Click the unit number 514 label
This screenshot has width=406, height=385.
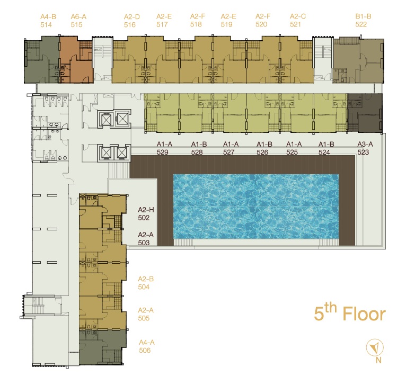[46, 25]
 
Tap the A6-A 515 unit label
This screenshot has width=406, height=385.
[78, 21]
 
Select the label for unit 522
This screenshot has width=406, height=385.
[363, 21]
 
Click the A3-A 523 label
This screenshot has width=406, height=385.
[365, 148]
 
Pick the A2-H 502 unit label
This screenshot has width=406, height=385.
[146, 214]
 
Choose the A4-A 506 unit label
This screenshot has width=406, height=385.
[147, 346]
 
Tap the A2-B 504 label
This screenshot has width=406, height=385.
[146, 283]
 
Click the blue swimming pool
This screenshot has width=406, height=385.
[256, 207]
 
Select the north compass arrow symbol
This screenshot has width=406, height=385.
[374, 347]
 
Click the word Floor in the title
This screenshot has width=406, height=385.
[364, 314]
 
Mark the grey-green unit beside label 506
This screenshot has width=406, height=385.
[102, 347]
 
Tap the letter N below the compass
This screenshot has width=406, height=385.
[378, 360]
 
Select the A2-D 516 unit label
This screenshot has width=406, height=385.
[132, 21]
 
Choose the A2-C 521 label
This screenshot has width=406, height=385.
[298, 21]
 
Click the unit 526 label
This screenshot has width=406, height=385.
[262, 152]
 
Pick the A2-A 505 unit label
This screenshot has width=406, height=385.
[146, 314]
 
